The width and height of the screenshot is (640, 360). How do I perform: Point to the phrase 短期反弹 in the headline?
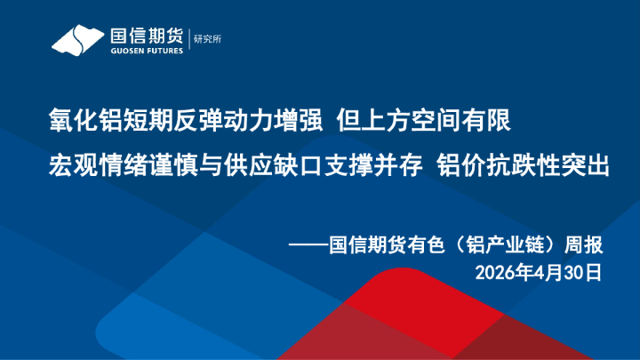tap(165, 119)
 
